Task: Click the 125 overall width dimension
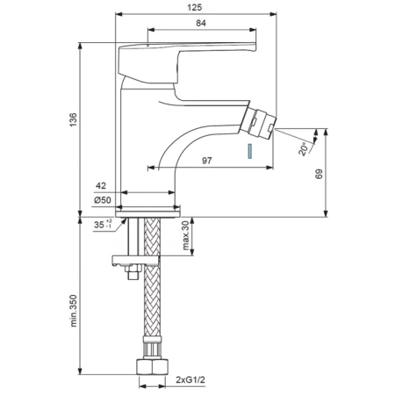coord(195,7)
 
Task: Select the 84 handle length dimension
coord(201,23)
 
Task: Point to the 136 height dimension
coord(73,119)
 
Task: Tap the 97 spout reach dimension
coord(207,161)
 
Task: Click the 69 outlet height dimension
coord(320,174)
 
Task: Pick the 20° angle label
coord(304,148)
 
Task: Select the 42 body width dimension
coord(101,185)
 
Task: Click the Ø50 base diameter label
coord(103,200)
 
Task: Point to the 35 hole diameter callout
coord(103,224)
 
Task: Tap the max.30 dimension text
coord(186,235)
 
